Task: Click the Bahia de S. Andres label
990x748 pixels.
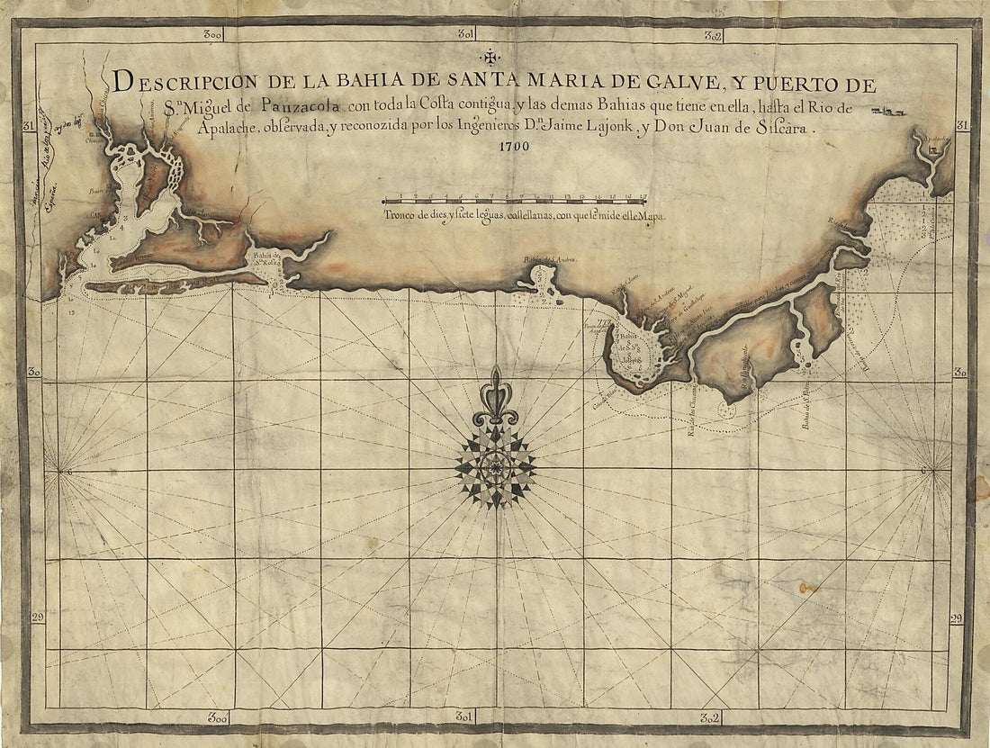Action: point(549,260)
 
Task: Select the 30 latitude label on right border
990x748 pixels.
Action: point(960,372)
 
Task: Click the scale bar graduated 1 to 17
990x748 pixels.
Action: point(516,200)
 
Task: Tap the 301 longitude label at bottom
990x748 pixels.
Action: point(465,717)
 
